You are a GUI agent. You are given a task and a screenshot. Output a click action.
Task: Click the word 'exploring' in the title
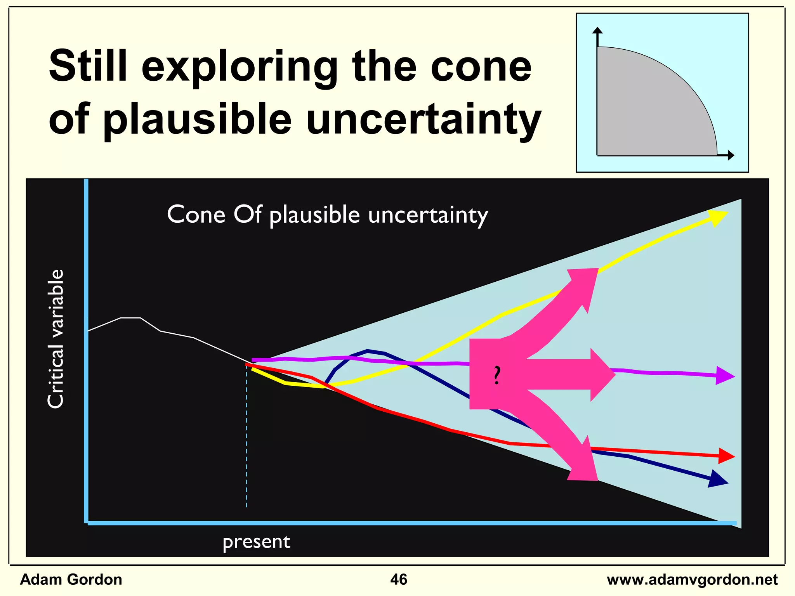239,67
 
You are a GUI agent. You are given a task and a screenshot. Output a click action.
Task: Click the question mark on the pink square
496,375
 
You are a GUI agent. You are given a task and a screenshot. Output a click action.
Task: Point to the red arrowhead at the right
726,456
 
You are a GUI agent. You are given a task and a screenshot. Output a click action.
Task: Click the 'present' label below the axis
256,542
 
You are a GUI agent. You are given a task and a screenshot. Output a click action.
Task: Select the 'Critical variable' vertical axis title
55,338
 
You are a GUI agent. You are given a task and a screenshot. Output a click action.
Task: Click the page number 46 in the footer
398,579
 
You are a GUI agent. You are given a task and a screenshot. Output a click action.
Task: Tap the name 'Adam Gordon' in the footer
71,579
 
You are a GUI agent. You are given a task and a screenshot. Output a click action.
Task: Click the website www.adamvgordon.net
692,580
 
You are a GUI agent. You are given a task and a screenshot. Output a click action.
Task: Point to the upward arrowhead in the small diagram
598,31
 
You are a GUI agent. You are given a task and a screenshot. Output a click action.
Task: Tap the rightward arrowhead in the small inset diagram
731,155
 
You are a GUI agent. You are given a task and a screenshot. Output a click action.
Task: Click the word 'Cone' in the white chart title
196,214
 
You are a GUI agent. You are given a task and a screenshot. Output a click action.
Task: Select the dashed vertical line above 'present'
246,438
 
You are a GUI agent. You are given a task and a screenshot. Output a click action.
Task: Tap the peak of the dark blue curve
367,351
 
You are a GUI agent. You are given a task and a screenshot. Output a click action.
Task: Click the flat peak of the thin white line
130,318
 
